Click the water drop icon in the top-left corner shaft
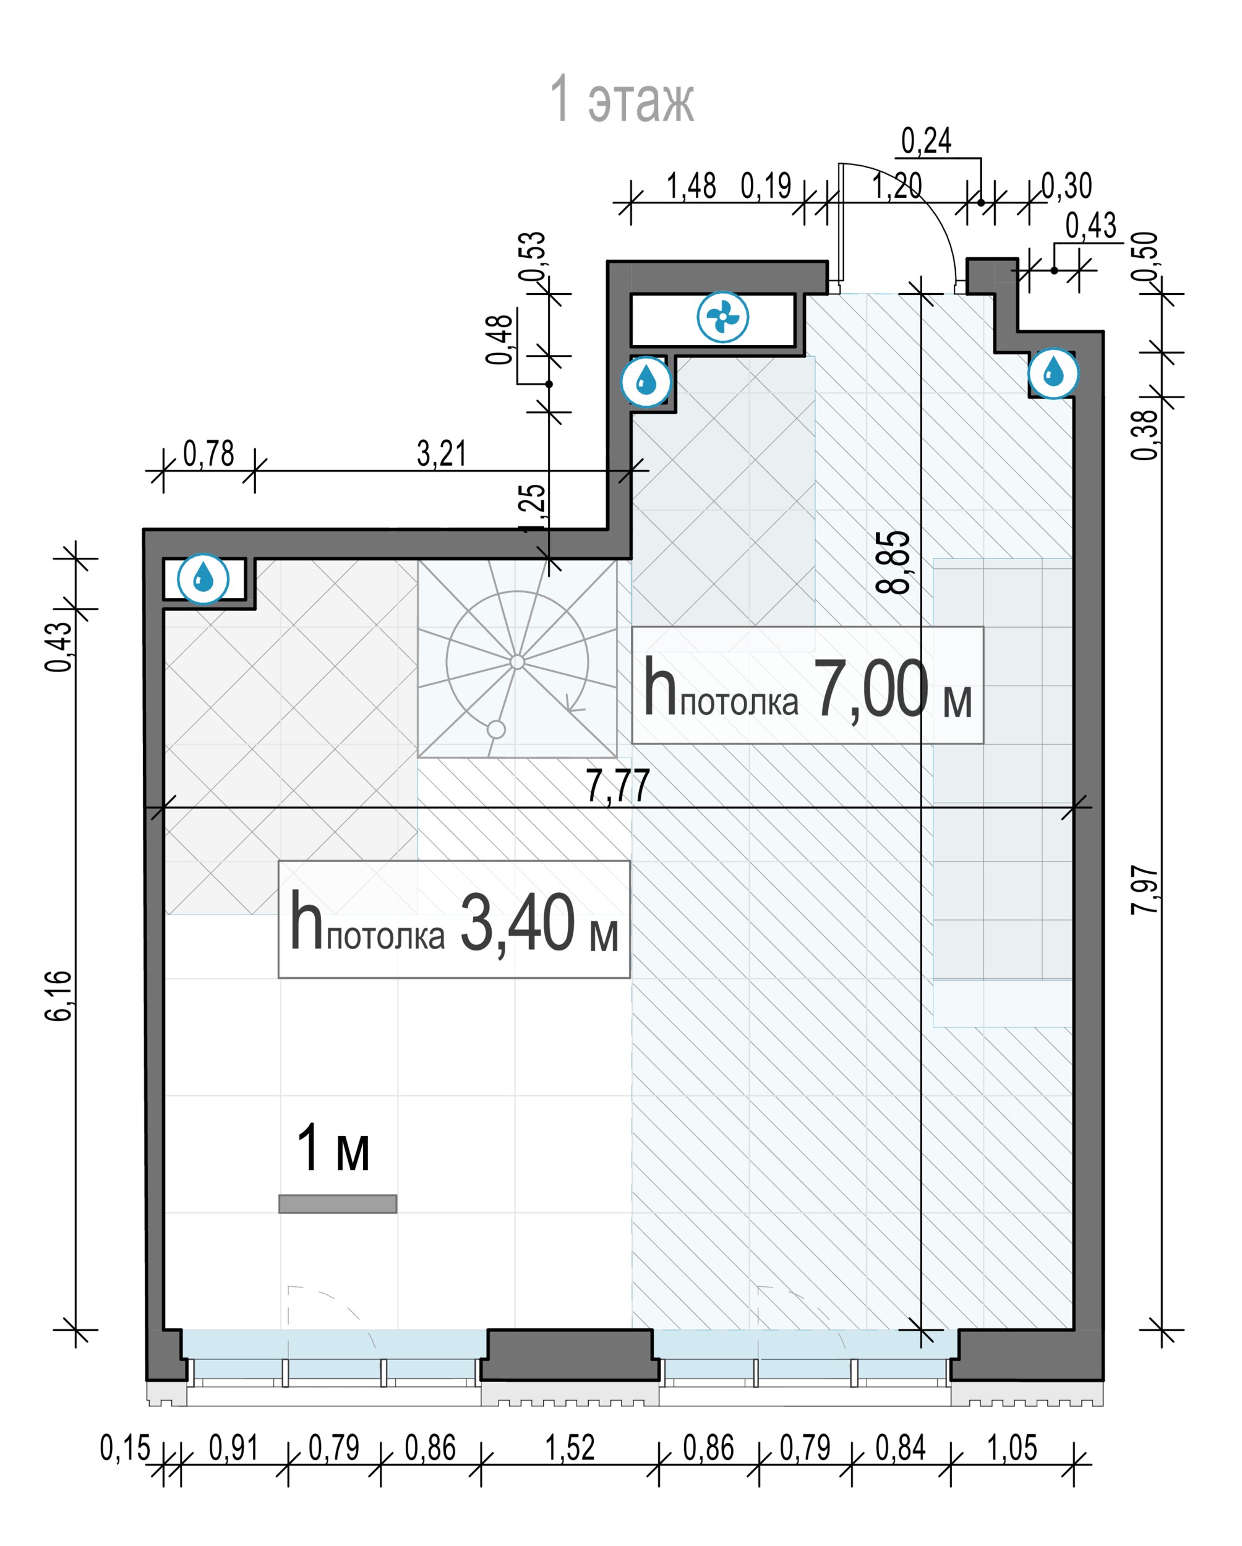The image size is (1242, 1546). (203, 578)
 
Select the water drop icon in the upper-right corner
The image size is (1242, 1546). (1053, 372)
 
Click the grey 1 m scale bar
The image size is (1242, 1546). (338, 1204)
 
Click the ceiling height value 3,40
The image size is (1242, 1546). (518, 923)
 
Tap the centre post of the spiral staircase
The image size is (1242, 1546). (517, 662)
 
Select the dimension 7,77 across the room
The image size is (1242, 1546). (617, 785)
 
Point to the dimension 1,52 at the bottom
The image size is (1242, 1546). (570, 1447)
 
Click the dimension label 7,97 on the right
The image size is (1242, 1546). (1144, 890)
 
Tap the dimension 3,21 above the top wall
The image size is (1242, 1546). (442, 453)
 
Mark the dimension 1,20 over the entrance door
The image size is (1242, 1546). (896, 186)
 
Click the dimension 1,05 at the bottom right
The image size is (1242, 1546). (1012, 1447)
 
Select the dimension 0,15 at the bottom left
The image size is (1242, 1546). (125, 1447)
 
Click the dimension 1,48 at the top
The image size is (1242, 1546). (692, 186)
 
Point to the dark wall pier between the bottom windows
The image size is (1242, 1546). (570, 1354)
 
